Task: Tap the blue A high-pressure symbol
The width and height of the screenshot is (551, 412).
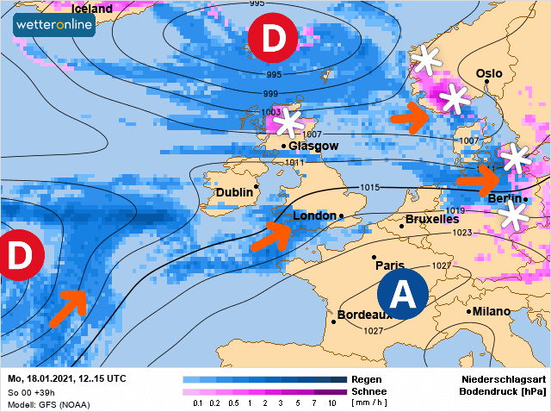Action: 403,295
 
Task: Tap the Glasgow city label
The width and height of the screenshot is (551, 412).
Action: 314,146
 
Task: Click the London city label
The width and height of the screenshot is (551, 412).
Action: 316,215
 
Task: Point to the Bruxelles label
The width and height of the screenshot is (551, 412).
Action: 432,219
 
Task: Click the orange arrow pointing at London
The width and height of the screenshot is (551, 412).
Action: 271,235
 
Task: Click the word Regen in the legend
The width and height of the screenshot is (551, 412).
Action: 366,379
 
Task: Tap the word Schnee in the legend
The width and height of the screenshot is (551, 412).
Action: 370,390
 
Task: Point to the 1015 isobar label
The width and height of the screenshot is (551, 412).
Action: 370,187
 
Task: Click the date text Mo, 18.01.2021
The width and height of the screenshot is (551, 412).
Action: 41,379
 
